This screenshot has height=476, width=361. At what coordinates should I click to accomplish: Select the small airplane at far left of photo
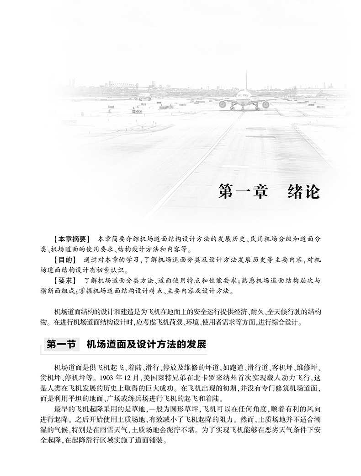click(x=144, y=97)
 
